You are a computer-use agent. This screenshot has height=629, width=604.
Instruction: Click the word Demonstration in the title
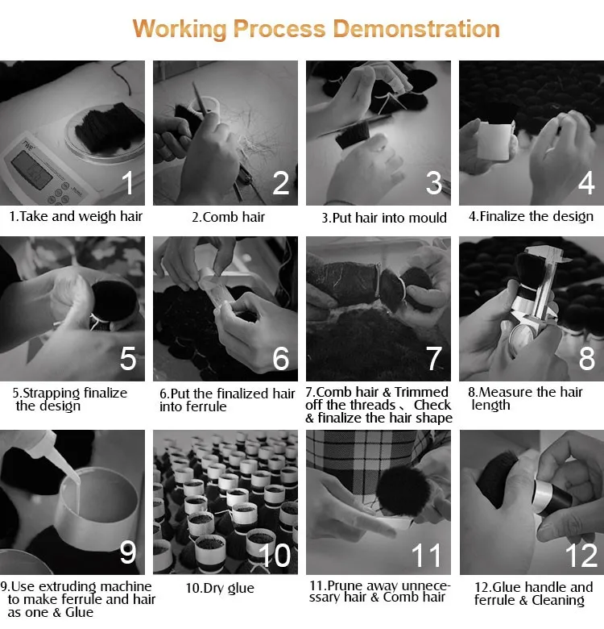(416, 29)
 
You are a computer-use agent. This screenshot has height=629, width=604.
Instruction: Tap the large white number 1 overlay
(128, 183)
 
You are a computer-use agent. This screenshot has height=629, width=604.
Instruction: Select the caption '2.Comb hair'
(228, 217)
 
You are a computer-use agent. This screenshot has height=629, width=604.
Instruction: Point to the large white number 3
(434, 183)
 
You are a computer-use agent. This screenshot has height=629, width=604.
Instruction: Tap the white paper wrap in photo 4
(495, 140)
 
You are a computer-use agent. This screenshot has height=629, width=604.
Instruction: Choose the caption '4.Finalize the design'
(531, 217)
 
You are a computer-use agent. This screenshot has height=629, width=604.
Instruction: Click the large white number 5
(128, 358)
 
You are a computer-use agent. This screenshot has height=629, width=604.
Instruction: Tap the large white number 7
(434, 358)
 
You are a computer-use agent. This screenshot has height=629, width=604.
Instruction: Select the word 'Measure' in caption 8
(505, 392)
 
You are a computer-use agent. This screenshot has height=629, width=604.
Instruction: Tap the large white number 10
(275, 556)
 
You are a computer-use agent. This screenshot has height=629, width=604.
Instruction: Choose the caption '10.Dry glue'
(220, 589)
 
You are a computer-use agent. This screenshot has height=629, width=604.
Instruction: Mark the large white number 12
(581, 556)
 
